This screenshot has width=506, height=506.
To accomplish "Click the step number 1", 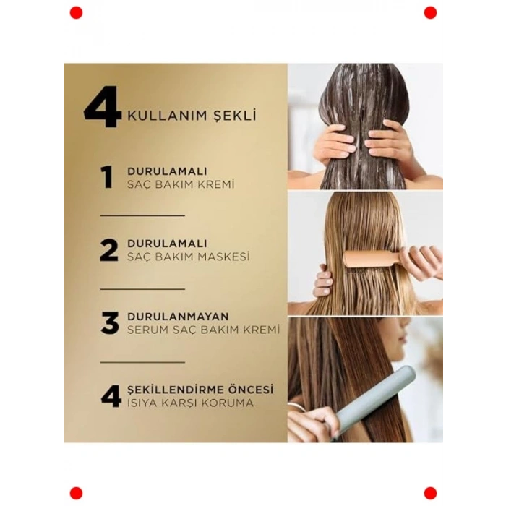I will coord(107,177).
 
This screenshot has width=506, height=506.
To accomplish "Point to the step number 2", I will coord(108,249).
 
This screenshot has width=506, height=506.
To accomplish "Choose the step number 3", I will coord(109,322).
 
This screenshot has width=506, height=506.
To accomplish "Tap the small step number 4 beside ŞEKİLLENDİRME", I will coord(111,395).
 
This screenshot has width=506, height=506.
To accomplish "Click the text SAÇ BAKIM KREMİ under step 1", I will coord(181,184).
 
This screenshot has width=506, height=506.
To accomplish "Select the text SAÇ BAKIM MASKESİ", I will coord(188,257).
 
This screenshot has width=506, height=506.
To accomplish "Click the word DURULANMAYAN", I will coord(178,317).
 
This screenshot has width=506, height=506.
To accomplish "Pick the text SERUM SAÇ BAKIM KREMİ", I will coord(203,330).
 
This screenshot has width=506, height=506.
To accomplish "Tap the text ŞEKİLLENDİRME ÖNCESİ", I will coord(200,389).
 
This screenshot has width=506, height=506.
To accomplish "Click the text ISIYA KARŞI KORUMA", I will coord(190,403).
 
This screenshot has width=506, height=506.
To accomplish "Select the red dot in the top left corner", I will coord(76,12).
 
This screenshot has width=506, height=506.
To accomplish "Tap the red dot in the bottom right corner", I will coord(430,493).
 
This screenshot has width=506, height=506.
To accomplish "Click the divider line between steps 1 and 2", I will coord(142,215).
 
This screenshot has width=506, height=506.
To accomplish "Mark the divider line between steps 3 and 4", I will coord(142,361).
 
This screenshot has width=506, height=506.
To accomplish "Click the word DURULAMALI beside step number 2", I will coord(167,244).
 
